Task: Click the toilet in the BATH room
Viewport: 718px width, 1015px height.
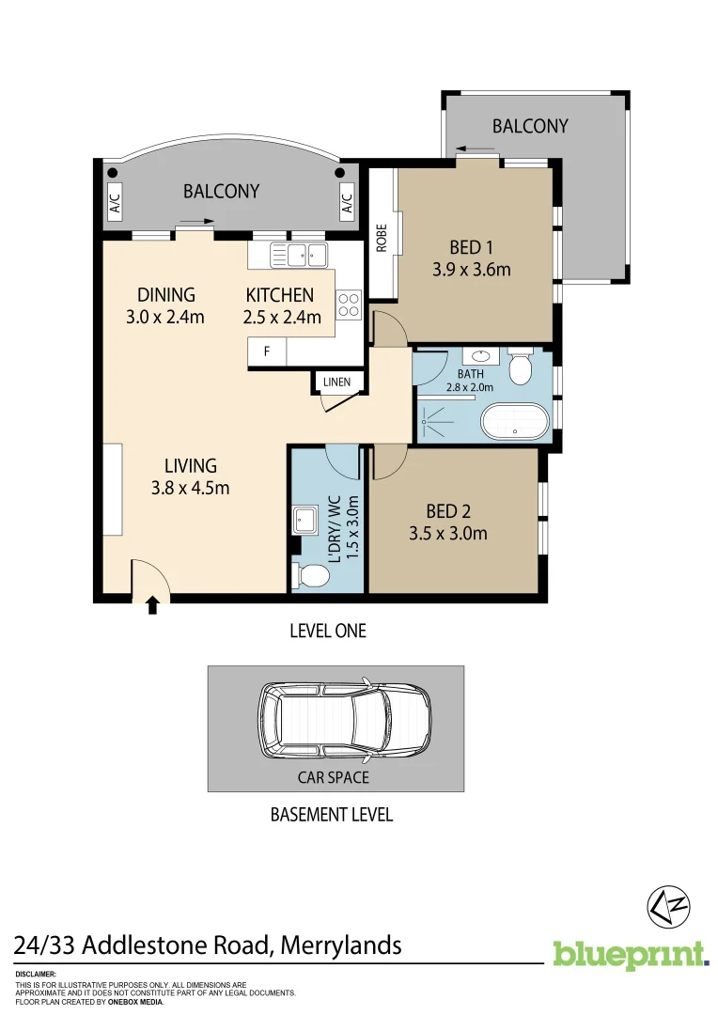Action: pos(521,366)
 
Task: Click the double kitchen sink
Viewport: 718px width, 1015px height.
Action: pos(297,254)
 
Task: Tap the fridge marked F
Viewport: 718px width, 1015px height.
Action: pos(267,352)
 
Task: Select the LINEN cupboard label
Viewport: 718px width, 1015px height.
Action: pos(336,382)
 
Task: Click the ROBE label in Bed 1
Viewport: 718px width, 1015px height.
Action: pos(382,238)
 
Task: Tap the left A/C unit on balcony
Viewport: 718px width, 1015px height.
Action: pos(115,203)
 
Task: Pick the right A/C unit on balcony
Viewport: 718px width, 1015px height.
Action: pos(345,202)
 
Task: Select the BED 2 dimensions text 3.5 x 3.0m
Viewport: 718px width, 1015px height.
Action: pos(448,534)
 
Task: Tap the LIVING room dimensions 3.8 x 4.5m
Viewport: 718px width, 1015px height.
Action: pos(190,488)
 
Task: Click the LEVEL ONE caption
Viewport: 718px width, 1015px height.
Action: pos(328,631)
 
